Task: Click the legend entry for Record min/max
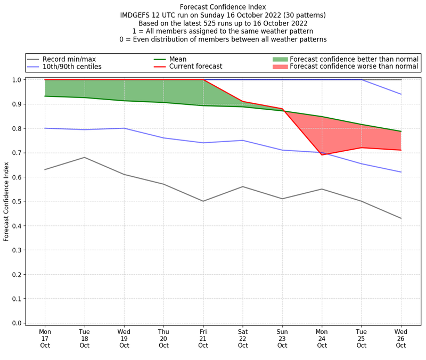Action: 69,59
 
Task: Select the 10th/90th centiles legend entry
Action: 72,67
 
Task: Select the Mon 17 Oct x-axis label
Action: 45,338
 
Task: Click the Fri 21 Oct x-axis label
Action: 203,338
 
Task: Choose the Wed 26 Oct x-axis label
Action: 401,338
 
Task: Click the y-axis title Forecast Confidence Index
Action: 6,201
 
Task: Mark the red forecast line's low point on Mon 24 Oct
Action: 322,154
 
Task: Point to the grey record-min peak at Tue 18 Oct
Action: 85,157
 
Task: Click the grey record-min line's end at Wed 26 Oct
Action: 400,218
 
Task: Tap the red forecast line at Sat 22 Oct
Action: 243,101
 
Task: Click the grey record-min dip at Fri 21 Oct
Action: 203,201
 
